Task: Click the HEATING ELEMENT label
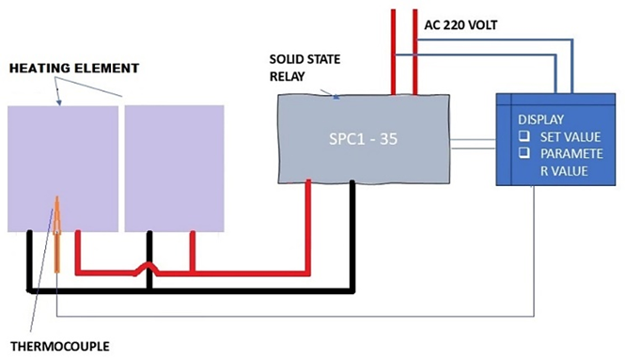tap(74, 69)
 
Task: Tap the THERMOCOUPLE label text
tap(60, 346)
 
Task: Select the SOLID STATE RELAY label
tap(305, 68)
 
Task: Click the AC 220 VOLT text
tap(461, 25)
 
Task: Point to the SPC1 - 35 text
tap(363, 139)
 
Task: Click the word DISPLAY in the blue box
tap(540, 119)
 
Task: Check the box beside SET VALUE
tap(524, 136)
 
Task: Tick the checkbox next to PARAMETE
tap(524, 152)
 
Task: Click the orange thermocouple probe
tap(57, 234)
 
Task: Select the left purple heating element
tap(63, 168)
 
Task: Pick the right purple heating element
tap(174, 168)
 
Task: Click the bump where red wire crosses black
tap(148, 268)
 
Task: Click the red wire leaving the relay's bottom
tap(307, 227)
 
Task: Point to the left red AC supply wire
tap(394, 52)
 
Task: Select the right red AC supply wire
tap(414, 52)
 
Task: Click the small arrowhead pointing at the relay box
tap(336, 96)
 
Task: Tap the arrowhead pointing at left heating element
tap(59, 102)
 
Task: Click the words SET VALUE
tap(570, 136)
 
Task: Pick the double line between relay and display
tap(473, 144)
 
